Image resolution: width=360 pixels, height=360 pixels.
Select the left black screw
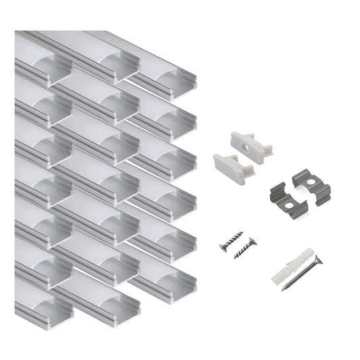click(230, 242)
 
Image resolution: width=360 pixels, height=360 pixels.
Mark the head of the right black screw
click(253, 240)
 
